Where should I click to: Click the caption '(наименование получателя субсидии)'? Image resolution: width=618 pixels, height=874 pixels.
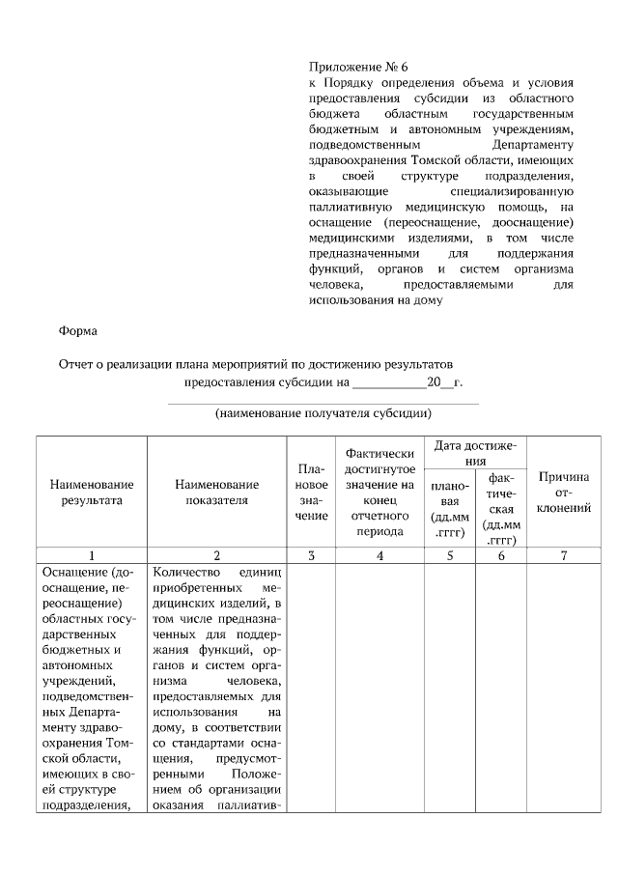[323, 413]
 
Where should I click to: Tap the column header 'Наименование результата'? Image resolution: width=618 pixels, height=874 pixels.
[92, 492]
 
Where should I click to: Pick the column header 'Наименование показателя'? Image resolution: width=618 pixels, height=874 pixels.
[216, 492]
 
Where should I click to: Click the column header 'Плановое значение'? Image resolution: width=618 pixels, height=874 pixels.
[311, 492]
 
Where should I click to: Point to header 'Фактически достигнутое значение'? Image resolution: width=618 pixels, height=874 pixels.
[380, 492]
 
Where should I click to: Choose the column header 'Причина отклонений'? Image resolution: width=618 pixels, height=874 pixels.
[565, 492]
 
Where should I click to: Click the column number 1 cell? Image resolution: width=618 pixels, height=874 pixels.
[92, 555]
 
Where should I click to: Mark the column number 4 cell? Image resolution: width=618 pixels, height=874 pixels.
[380, 555]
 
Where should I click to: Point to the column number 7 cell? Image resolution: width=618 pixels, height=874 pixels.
[565, 555]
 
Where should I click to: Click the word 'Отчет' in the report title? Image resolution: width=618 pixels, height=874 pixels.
[78, 363]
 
